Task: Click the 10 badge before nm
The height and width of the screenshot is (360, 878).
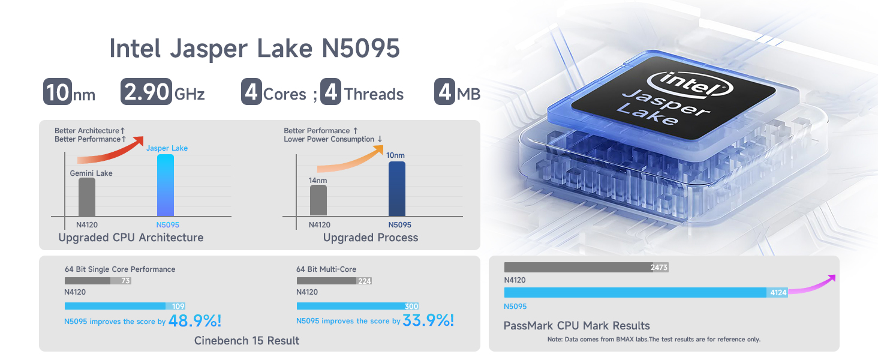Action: (58, 91)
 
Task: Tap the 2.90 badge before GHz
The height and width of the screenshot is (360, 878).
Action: (146, 91)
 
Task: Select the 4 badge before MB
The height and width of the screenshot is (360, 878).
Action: (444, 91)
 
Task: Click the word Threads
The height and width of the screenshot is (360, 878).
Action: (374, 94)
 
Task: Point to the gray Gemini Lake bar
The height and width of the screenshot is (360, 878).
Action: (86, 197)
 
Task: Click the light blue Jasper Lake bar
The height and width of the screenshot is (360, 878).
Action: (166, 185)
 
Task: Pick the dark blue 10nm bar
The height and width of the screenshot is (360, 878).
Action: (396, 188)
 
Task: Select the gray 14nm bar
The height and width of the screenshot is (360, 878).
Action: (318, 200)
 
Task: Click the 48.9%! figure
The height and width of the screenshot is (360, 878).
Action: (195, 321)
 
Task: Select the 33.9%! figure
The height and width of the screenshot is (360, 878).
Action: (428, 320)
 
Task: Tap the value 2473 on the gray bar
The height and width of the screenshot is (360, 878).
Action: (659, 268)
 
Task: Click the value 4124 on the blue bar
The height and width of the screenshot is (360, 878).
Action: (778, 293)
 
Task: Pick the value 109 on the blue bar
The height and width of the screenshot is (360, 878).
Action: (178, 306)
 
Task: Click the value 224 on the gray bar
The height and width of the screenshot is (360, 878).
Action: (365, 281)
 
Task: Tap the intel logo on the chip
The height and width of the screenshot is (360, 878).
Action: (690, 84)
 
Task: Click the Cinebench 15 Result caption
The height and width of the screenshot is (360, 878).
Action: (246, 340)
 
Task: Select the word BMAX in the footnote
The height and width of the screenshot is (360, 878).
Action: (625, 339)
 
